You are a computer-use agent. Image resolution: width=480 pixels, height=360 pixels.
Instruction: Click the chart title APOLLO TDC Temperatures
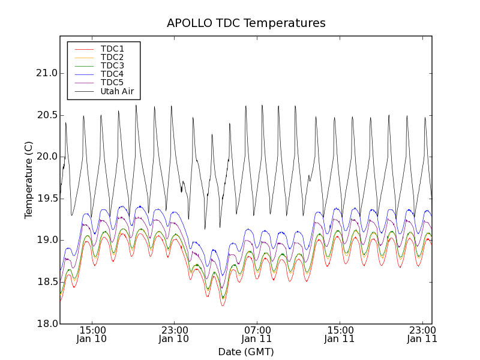click(x=246, y=23)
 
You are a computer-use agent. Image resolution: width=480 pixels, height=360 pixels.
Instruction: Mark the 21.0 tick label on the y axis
click(x=46, y=73)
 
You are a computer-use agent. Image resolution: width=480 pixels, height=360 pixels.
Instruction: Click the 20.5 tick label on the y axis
click(x=46, y=115)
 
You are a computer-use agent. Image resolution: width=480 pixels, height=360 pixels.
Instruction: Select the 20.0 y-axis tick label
click(x=46, y=157)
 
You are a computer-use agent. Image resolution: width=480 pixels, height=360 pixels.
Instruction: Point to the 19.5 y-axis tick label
click(x=46, y=199)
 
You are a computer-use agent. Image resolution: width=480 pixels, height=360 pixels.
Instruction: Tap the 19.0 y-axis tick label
click(x=46, y=240)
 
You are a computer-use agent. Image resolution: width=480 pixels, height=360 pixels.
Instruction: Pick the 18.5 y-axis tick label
click(x=46, y=282)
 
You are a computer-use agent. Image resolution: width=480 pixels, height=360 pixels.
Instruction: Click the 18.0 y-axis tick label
click(x=46, y=324)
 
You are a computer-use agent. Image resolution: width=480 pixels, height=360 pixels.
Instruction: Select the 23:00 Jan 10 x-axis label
click(x=175, y=334)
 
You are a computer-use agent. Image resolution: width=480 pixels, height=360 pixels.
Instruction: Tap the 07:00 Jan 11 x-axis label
click(x=257, y=334)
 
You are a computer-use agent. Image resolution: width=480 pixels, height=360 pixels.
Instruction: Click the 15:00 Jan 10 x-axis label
click(x=92, y=334)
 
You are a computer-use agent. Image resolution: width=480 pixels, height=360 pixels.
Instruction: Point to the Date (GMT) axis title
click(x=246, y=352)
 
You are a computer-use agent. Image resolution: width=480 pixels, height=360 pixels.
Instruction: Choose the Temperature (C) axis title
click(x=29, y=180)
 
